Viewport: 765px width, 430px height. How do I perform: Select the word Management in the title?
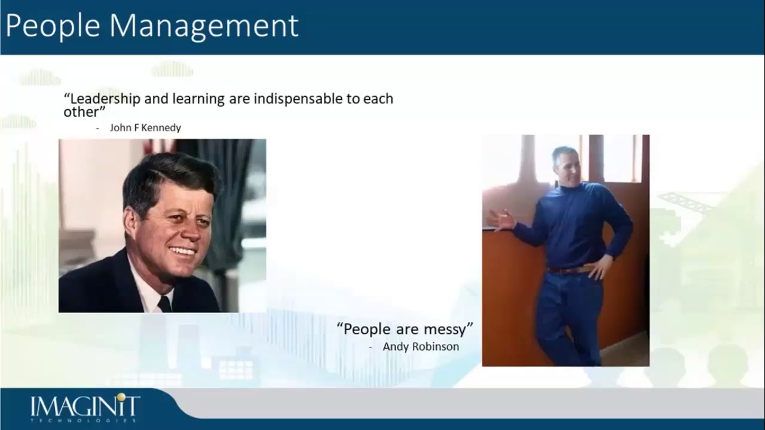(x=204, y=26)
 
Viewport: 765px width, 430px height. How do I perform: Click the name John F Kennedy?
(x=145, y=128)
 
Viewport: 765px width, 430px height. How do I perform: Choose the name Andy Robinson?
(x=421, y=346)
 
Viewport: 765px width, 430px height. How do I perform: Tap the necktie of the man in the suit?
(x=164, y=304)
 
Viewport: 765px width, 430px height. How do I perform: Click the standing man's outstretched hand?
(x=501, y=220)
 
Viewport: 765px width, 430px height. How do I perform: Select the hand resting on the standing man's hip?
(x=599, y=266)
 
